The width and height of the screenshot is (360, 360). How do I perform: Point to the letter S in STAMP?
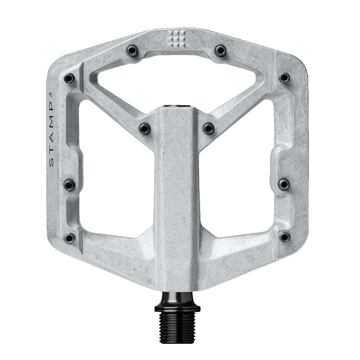(x=51, y=163)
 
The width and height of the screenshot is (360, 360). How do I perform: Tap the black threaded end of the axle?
(x=177, y=324)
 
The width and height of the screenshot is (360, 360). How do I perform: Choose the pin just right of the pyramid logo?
(x=221, y=50)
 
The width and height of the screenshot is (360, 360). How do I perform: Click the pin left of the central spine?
(x=145, y=128)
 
